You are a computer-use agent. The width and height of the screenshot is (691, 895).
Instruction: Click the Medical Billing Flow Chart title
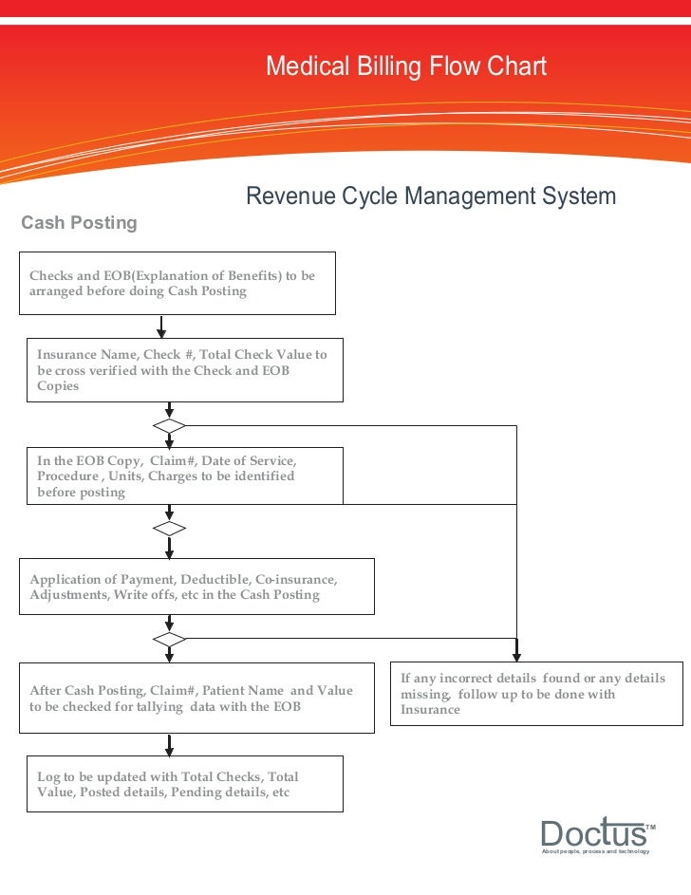(405, 66)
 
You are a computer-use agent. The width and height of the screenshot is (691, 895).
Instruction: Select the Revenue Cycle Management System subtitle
(431, 196)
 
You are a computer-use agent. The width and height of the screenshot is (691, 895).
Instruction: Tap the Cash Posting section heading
(79, 222)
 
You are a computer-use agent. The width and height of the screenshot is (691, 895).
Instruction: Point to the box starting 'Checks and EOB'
(178, 283)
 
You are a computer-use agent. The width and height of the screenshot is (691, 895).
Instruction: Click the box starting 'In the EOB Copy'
(184, 475)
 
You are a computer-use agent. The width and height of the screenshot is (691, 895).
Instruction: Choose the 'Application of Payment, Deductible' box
(197, 587)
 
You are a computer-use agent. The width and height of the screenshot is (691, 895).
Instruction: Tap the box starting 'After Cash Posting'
(197, 699)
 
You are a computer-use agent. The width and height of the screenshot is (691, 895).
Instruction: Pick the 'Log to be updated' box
(184, 784)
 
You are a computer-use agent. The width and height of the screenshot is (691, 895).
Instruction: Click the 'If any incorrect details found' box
(536, 694)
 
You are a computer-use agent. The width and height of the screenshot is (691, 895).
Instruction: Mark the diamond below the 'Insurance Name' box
(170, 425)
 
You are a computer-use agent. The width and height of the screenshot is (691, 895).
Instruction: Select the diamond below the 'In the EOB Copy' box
(170, 528)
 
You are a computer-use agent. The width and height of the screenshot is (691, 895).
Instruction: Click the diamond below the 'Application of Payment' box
(170, 639)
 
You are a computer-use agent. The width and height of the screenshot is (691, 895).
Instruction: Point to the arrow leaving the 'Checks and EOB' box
(162, 326)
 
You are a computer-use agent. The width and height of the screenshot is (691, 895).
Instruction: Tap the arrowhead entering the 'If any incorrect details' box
(516, 654)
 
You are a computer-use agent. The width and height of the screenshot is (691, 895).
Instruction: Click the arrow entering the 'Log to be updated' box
(170, 744)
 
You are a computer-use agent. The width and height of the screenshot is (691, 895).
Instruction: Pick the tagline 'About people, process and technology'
(595, 851)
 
